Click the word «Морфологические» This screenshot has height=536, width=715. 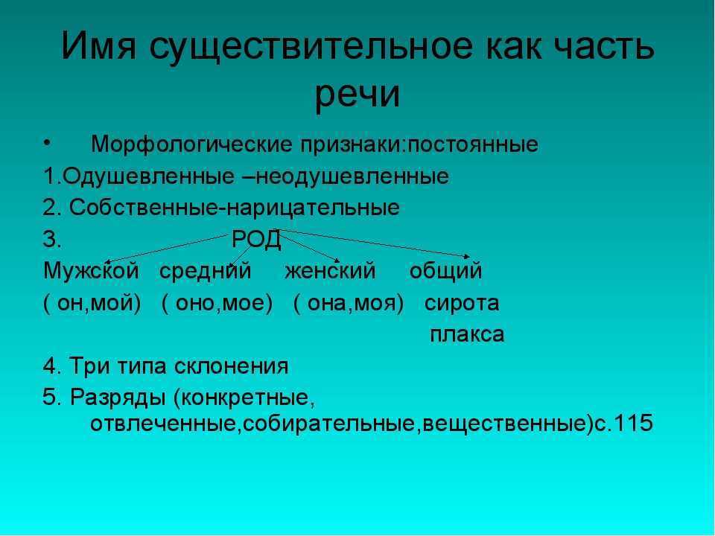[x=191, y=145]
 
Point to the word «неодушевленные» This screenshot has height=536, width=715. [x=352, y=176]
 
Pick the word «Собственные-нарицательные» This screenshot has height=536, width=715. [x=235, y=208]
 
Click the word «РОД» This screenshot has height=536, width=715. [x=256, y=240]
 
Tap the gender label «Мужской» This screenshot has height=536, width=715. [x=91, y=271]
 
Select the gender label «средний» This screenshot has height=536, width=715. [x=206, y=272]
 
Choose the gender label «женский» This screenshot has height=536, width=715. [x=330, y=271]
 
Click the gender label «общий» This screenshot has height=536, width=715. [x=445, y=272]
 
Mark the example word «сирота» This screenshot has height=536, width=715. [x=462, y=304]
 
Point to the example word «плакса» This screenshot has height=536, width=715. [x=467, y=334]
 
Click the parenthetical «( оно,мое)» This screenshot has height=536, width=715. [x=217, y=304]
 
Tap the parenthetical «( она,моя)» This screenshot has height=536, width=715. [x=349, y=304]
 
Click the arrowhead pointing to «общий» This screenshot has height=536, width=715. [x=467, y=257]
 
